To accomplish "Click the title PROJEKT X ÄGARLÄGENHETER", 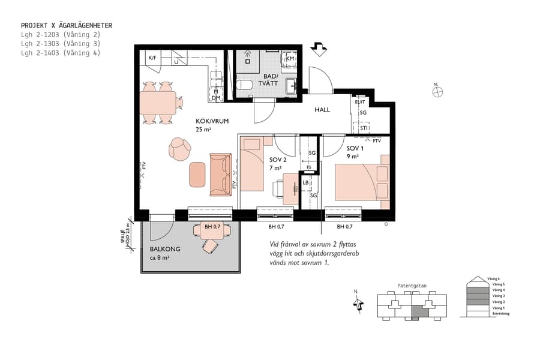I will coord(66,25).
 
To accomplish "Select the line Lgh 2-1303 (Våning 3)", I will coord(60,43).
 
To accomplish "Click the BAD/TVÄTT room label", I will coord(271,80).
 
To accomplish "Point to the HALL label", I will coord(323,110).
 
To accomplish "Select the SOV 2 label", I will coord(278,160).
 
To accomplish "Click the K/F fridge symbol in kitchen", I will coord(152,58).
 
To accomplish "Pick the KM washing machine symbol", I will coord(290,58).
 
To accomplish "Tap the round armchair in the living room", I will coord(179,149).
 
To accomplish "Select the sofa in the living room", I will coord(220,174).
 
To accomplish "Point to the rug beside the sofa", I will coord(197,174).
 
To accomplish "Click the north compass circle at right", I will coord(437,92).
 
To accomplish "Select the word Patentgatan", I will coord(412,286).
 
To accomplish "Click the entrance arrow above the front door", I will coord(319,49).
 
